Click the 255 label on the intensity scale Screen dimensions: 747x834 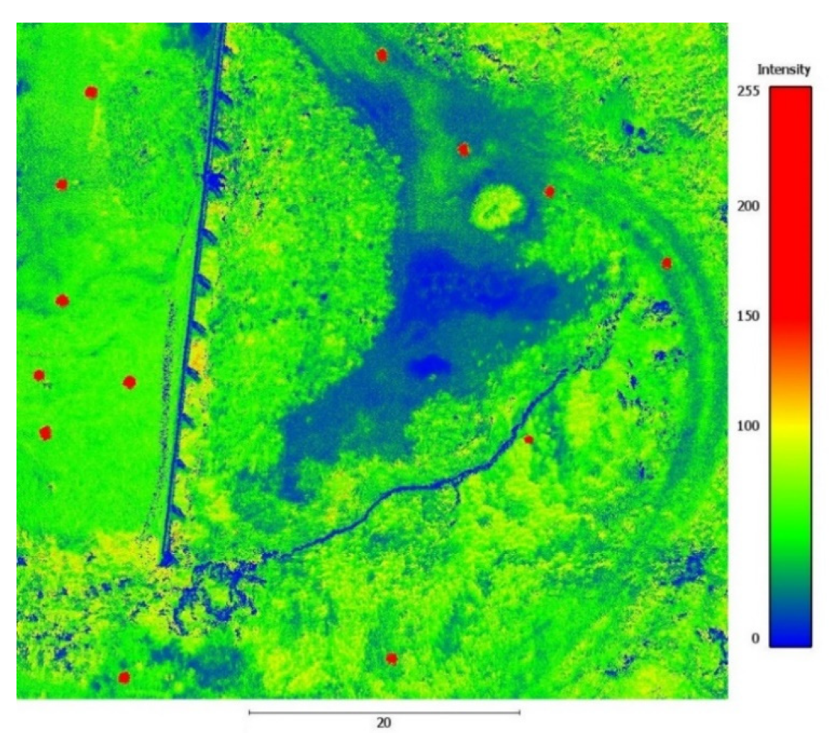click(x=748, y=91)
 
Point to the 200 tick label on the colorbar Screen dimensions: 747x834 click(x=748, y=207)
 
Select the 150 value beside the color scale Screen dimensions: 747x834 click(x=748, y=316)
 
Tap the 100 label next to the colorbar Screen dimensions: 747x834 click(x=748, y=426)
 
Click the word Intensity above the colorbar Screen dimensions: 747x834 click(x=783, y=70)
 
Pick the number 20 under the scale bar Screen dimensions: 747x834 click(x=383, y=723)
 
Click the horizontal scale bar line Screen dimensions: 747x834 click(x=384, y=712)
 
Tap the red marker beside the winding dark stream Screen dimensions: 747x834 click(x=529, y=439)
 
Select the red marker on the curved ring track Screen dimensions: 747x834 click(x=666, y=264)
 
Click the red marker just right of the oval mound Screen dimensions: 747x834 click(x=549, y=192)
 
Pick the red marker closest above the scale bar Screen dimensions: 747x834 click(x=391, y=658)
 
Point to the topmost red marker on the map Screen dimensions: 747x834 click(x=381, y=55)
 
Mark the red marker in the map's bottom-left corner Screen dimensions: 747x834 click(x=124, y=677)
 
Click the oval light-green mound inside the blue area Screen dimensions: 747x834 click(x=495, y=207)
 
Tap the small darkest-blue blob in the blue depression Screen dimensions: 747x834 click(x=430, y=365)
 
